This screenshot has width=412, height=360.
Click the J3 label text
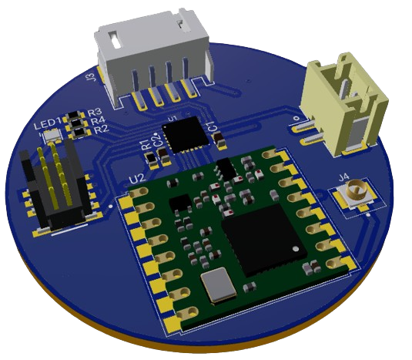[x=91, y=76]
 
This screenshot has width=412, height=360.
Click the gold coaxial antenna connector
[x=355, y=193]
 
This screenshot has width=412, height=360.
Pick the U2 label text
[x=136, y=179]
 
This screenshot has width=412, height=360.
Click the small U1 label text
[x=173, y=118]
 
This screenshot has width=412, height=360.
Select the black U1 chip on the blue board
[x=186, y=134]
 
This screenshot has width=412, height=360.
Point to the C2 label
[x=158, y=139]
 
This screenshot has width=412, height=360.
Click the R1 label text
[x=145, y=143]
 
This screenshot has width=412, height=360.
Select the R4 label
[x=98, y=121]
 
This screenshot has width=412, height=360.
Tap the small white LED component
[x=52, y=134]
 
